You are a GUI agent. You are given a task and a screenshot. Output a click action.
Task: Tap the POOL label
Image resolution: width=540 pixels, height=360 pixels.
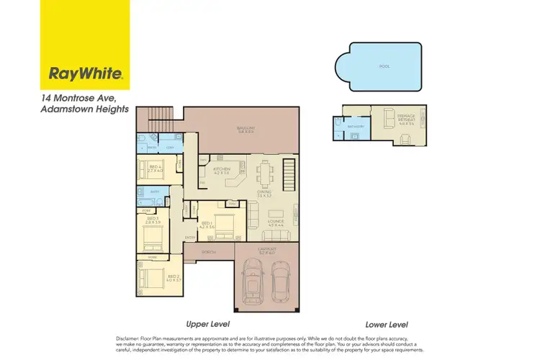coord(384,66)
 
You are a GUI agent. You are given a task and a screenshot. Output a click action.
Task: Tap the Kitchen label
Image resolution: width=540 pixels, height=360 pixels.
coord(222,170)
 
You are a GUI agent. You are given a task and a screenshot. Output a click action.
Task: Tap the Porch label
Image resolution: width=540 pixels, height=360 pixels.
coord(209,252)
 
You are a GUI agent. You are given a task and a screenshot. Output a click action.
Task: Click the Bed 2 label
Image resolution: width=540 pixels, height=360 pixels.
coord(173,277)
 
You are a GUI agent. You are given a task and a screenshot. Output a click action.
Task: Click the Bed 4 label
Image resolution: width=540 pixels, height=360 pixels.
coord(154,168)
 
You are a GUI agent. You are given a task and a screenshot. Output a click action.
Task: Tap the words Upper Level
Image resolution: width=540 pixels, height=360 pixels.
coord(207,324)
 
